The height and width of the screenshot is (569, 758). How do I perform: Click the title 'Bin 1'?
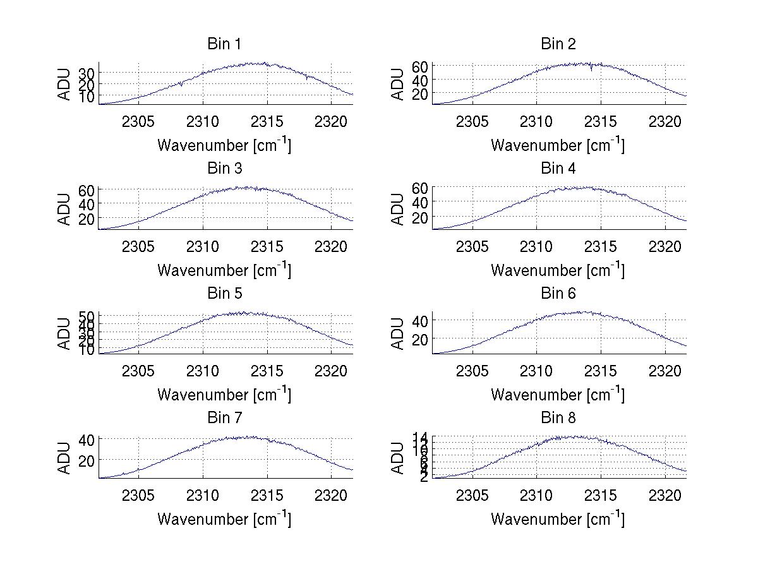click(x=224, y=44)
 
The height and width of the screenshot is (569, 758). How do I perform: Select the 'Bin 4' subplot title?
click(x=558, y=169)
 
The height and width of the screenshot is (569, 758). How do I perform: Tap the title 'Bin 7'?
click(x=224, y=418)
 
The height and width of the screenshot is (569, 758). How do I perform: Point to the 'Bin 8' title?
click(x=558, y=418)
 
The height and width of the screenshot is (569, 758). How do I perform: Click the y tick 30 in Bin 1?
click(x=86, y=74)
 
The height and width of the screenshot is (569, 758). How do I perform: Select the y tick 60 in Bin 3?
click(x=86, y=190)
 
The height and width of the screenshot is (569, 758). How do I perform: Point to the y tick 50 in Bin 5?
click(x=86, y=316)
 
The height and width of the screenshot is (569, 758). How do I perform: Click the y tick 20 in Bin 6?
click(x=419, y=339)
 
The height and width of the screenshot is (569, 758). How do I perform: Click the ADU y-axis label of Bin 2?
click(x=398, y=84)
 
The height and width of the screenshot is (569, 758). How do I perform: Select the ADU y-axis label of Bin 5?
click(x=64, y=333)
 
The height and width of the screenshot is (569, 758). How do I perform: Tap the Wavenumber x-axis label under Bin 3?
click(x=224, y=270)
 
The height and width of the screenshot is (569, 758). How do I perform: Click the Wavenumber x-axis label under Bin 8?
click(x=558, y=518)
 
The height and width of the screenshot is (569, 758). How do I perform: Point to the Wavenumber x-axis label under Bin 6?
click(x=558, y=394)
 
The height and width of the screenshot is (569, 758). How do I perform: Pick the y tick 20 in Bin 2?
click(x=419, y=93)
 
